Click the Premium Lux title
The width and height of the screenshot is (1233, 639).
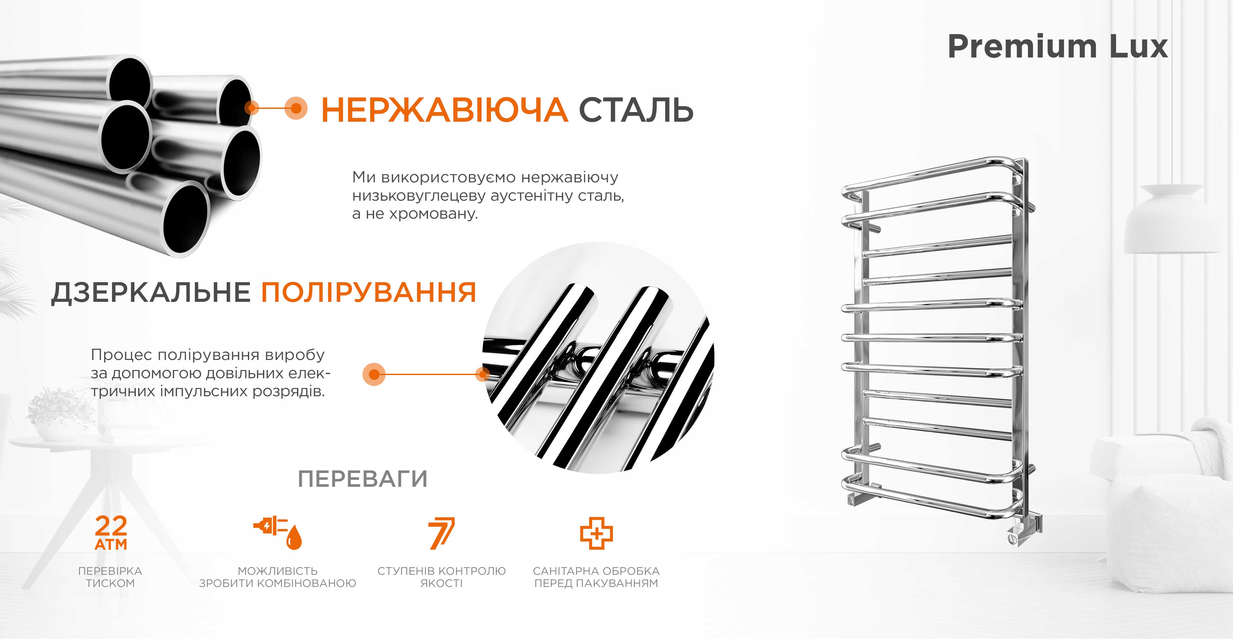point(1058,47)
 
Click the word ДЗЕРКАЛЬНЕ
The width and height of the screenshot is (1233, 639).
point(151,293)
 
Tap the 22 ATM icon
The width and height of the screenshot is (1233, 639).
point(111,532)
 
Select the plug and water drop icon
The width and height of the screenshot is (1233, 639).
point(278,532)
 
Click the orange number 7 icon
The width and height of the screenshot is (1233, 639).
point(441,533)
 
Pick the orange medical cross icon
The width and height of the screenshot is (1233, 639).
point(596,533)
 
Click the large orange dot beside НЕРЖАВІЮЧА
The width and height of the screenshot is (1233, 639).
point(296,108)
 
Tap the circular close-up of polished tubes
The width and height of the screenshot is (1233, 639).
point(598,358)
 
